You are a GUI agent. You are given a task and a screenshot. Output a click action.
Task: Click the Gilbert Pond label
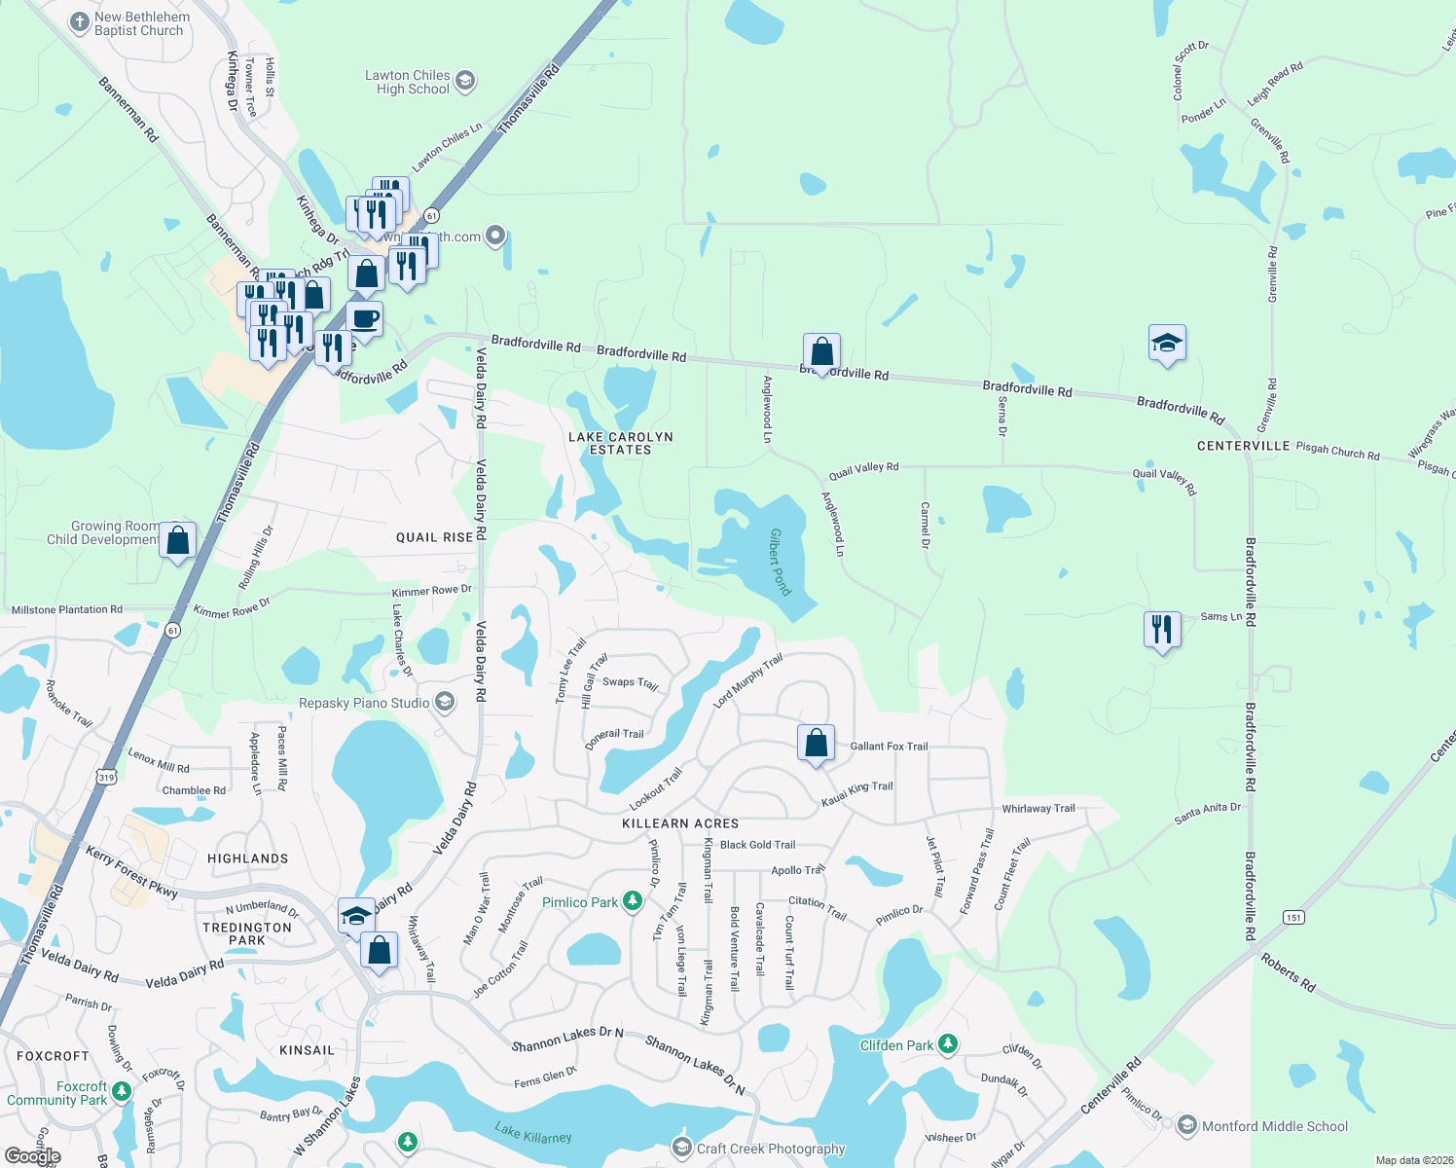pyautogui.click(x=781, y=562)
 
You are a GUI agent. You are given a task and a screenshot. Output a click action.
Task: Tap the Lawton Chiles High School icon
pyautogui.click(x=465, y=81)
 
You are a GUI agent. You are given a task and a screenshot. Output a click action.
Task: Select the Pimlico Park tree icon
pyautogui.click(x=633, y=901)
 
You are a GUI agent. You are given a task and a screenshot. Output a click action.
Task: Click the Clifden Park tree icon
pyautogui.click(x=947, y=1044)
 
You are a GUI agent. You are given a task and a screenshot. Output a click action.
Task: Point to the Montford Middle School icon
pyautogui.click(x=1186, y=1126)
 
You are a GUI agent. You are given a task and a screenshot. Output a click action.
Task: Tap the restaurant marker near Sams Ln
pyautogui.click(x=1161, y=630)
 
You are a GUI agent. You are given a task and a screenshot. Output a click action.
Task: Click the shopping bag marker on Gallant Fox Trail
pyautogui.click(x=817, y=744)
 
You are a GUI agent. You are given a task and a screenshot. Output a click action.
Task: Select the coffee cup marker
pyautogui.click(x=364, y=318)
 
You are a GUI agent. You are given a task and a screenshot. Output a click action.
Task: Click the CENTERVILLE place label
pyautogui.click(x=1243, y=446)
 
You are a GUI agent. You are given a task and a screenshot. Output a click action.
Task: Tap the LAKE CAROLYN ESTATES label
pyautogui.click(x=621, y=443)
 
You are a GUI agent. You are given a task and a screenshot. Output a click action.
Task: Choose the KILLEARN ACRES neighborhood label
pyautogui.click(x=680, y=823)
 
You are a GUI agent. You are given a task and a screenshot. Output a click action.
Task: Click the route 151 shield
pyautogui.click(x=1293, y=917)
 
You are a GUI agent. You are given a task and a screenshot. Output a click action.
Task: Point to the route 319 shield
pyautogui.click(x=106, y=777)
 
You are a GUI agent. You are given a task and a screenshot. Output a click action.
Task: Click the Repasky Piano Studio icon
pyautogui.click(x=445, y=702)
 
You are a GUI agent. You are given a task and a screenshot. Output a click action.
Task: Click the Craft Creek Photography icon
pyautogui.click(x=682, y=1148)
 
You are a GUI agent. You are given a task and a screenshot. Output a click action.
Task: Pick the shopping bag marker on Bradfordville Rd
pyautogui.click(x=821, y=352)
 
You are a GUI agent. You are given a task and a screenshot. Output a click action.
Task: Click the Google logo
pyautogui.click(x=33, y=1155)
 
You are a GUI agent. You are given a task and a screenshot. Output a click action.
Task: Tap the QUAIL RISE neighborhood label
pyautogui.click(x=434, y=537)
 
